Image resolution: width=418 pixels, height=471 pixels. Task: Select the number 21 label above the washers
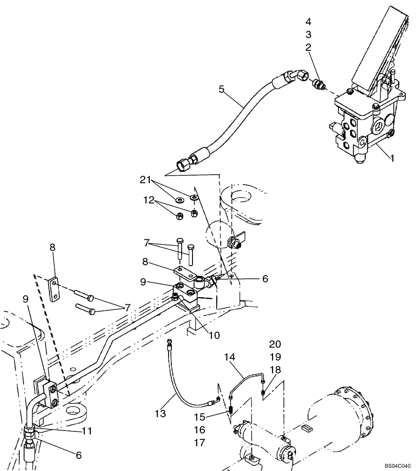[145, 179]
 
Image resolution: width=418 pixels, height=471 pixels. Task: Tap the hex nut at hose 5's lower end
[182, 164]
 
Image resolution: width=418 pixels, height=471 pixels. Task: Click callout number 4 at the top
[308, 22]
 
